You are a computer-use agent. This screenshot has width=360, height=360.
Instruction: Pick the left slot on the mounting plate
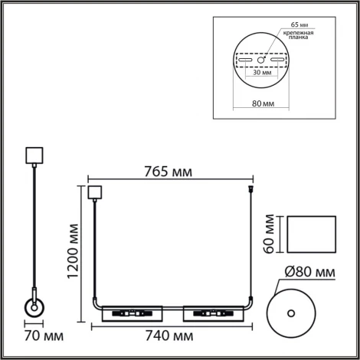(x=247, y=59)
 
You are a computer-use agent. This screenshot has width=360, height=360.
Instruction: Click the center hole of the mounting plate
(x=263, y=59)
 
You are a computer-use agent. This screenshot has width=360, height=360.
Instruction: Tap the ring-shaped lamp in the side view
(x=34, y=309)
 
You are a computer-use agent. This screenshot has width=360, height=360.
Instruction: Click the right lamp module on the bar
(x=208, y=313)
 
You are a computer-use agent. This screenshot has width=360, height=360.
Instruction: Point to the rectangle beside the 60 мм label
(x=310, y=234)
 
